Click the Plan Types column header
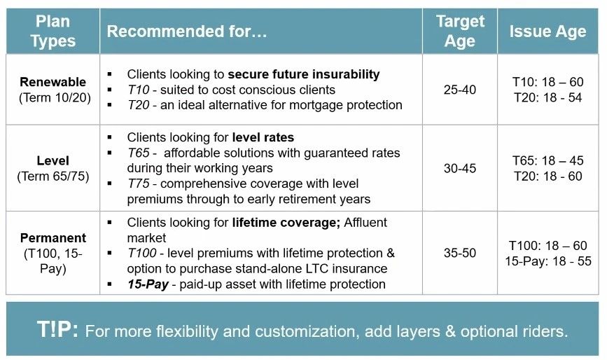click(x=53, y=31)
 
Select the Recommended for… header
click(x=187, y=32)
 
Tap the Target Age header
click(x=460, y=31)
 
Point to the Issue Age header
click(x=547, y=32)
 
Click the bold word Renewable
click(x=53, y=82)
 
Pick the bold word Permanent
click(x=53, y=237)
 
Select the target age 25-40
click(x=460, y=90)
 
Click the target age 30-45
click(x=460, y=168)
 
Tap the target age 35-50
click(x=460, y=253)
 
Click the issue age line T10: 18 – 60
click(x=547, y=82)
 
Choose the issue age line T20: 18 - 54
click(x=547, y=97)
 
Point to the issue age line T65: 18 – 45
click(x=547, y=160)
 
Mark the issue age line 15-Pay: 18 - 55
click(x=547, y=261)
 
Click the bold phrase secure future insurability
click(x=304, y=74)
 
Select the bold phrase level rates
click(x=263, y=137)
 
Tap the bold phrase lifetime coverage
click(x=286, y=223)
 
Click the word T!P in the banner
click(x=57, y=329)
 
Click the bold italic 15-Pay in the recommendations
click(x=148, y=284)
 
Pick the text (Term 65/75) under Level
click(x=53, y=176)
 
